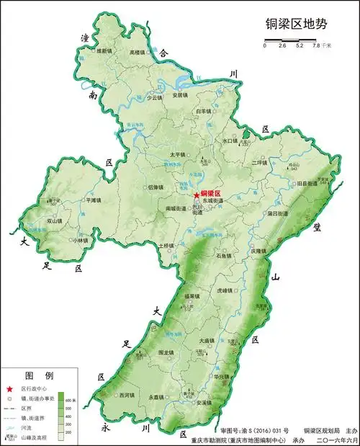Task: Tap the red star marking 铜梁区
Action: (196, 195)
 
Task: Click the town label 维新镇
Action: (105, 51)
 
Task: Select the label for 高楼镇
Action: (138, 53)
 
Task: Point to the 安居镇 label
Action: (180, 95)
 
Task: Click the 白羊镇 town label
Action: (203, 112)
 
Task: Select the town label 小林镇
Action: (60, 241)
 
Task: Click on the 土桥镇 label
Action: (166, 246)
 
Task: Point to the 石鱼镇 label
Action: (223, 255)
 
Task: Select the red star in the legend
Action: (9, 388)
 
